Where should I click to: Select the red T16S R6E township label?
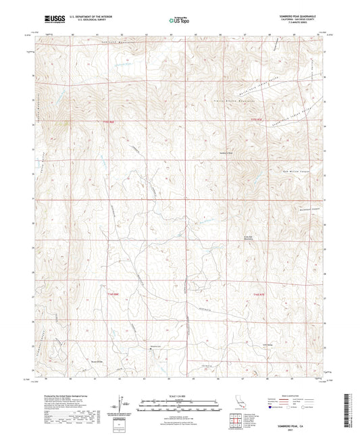pyautogui.click(x=137, y=295)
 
